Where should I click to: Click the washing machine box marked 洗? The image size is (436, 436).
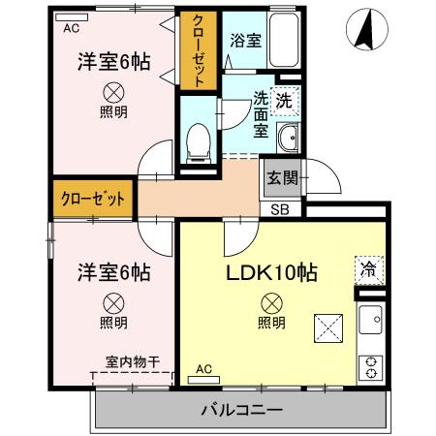click(285, 100)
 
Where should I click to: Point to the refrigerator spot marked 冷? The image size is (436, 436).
click(369, 268)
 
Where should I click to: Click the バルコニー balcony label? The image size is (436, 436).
click(241, 410)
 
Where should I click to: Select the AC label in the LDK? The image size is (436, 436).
click(203, 368)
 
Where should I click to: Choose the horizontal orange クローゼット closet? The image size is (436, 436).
click(94, 201)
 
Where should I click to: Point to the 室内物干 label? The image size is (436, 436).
click(132, 360)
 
